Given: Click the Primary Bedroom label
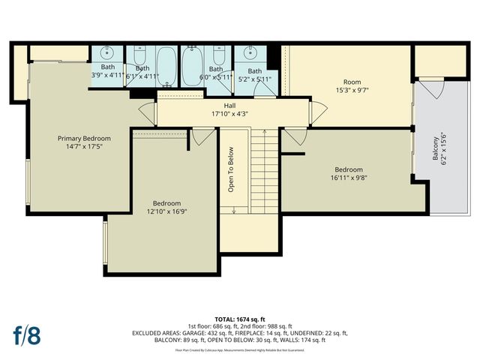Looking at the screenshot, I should pyautogui.click(x=84, y=138).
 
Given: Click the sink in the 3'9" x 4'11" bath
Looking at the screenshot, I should pyautogui.click(x=108, y=53).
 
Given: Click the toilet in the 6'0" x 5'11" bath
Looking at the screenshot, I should pyautogui.click(x=218, y=55).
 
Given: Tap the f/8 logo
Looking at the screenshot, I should pyautogui.click(x=26, y=334).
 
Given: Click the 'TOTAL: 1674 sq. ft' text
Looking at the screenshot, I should pyautogui.click(x=240, y=318).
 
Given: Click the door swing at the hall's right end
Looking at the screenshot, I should pyautogui.click(x=319, y=112).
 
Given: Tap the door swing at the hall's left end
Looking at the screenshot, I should pyautogui.click(x=147, y=113).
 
